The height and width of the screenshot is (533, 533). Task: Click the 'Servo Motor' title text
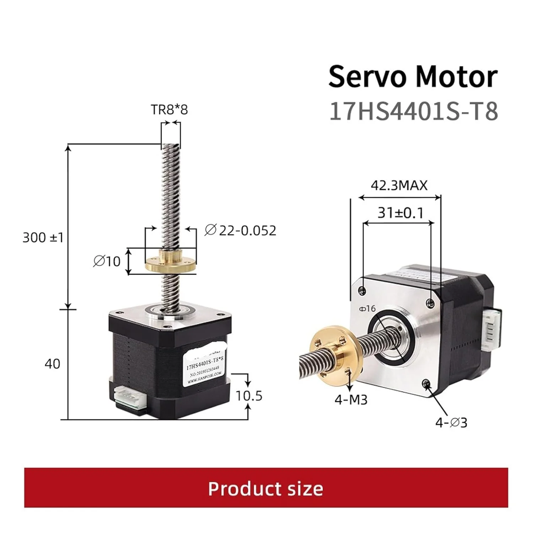pyautogui.click(x=413, y=77)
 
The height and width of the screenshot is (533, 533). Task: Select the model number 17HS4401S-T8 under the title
pyautogui.click(x=414, y=111)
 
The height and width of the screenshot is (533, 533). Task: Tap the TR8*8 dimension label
pyautogui.click(x=169, y=109)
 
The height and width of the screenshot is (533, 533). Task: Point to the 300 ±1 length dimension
pyautogui.click(x=43, y=237)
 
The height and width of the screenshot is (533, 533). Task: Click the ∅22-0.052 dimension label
pyautogui.click(x=241, y=231)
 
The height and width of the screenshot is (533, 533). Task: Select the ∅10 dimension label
pyautogui.click(x=107, y=262)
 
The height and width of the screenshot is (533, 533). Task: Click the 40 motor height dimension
pyautogui.click(x=52, y=364)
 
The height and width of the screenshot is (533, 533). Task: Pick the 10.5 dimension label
pyautogui.click(x=249, y=395)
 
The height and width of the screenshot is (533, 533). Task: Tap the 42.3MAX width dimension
pyautogui.click(x=399, y=185)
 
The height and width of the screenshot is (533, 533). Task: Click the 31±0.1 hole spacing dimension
pyautogui.click(x=400, y=213)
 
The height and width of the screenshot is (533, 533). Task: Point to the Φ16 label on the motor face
pyautogui.click(x=367, y=308)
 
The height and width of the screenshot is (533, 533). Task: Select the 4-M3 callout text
pyautogui.click(x=351, y=400)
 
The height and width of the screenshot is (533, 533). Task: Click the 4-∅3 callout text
pyautogui.click(x=451, y=422)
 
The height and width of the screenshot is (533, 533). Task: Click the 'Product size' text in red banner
pyautogui.click(x=266, y=489)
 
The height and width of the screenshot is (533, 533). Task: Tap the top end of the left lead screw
pyautogui.click(x=171, y=146)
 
